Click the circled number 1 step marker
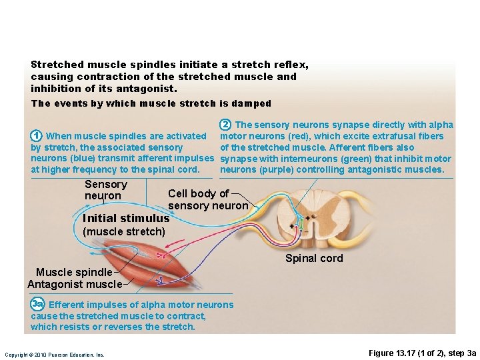tap(37, 136)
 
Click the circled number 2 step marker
tap(226, 125)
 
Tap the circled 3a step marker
tap(37, 305)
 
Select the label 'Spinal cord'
tap(314, 259)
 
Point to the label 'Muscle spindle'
tap(74, 272)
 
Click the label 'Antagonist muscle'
tap(75, 284)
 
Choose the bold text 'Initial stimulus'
tap(125, 218)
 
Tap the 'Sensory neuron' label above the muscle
tap(105, 190)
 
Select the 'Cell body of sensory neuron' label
tap(207, 199)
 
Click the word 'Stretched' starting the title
tap(57, 65)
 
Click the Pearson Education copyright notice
tap(55, 355)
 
